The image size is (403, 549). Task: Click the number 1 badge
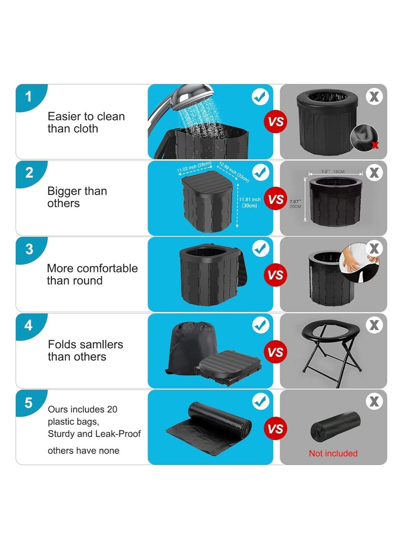point(28,96)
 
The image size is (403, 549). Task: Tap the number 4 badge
point(28,326)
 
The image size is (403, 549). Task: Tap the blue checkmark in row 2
point(260,173)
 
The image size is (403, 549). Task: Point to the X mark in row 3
point(374,249)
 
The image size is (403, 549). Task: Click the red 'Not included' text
point(333,453)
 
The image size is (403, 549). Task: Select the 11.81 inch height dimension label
point(250,202)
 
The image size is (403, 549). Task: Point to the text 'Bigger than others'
point(77,197)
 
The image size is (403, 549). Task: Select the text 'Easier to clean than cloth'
point(86,122)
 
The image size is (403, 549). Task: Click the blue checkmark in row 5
point(260,402)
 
